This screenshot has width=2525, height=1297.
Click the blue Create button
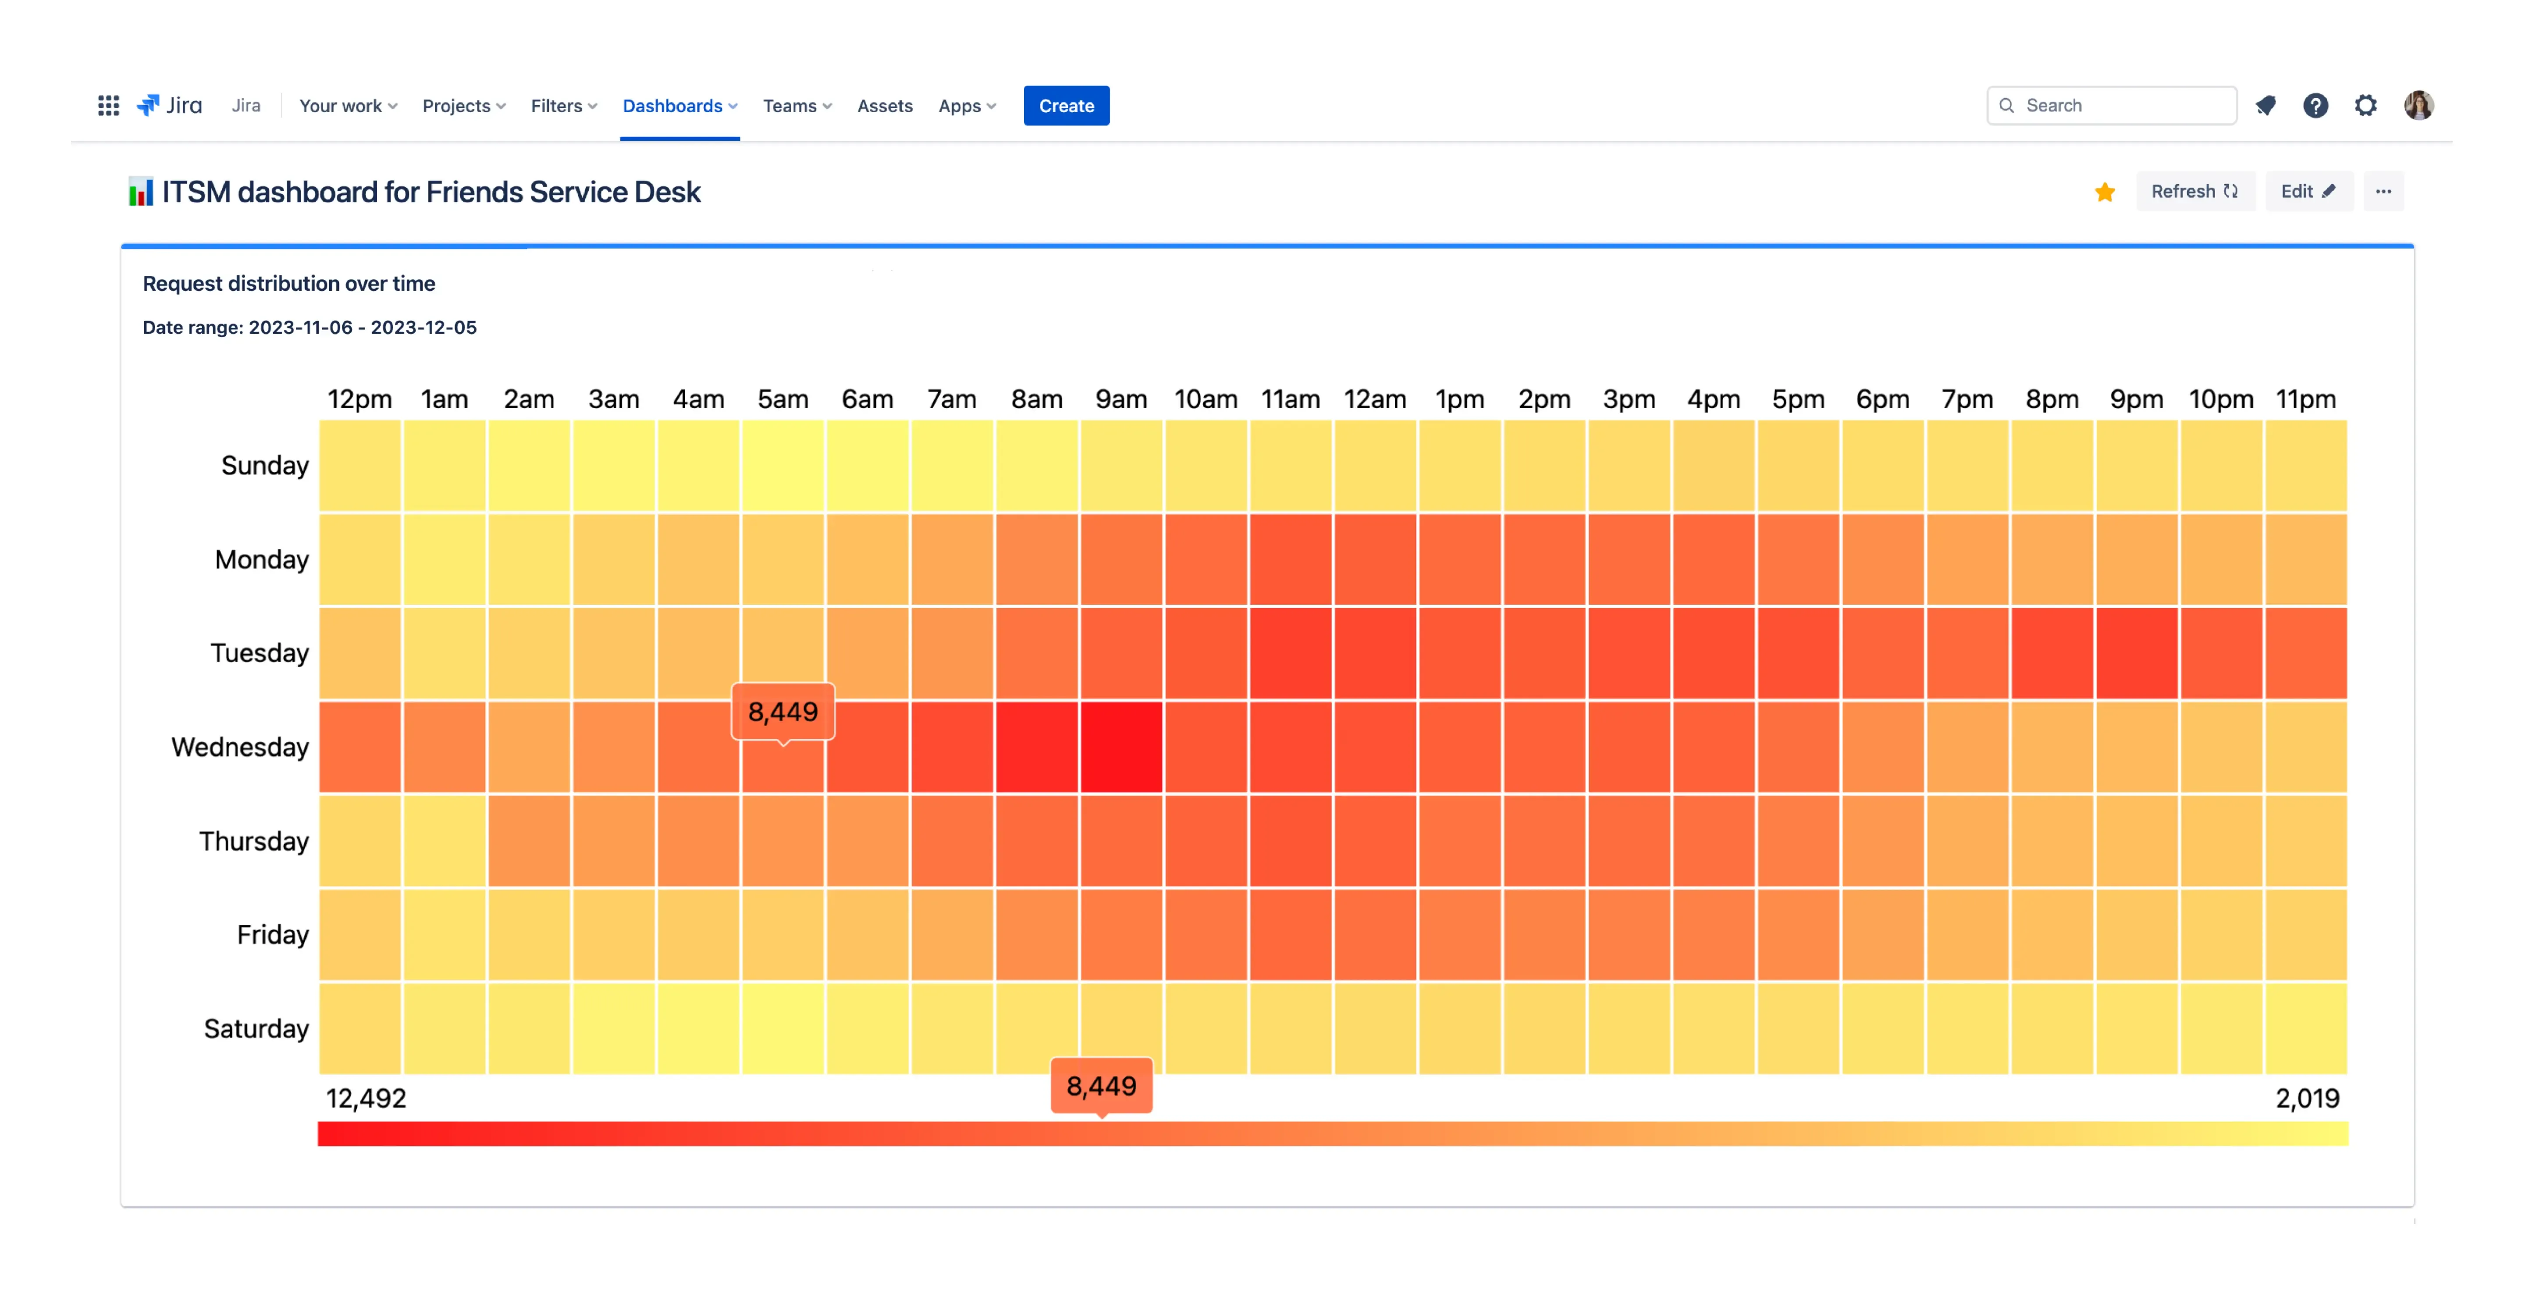pyautogui.click(x=1066, y=106)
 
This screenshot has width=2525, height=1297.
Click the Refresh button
pyautogui.click(x=2194, y=191)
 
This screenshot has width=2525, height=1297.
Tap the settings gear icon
pyautogui.click(x=2365, y=106)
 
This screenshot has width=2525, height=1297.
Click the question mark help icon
pyautogui.click(x=2315, y=106)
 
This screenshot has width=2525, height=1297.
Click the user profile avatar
pyautogui.click(x=2418, y=106)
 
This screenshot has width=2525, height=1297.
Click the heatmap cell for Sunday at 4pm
pyautogui.click(x=1714, y=466)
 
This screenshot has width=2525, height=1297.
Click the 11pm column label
pyautogui.click(x=2305, y=400)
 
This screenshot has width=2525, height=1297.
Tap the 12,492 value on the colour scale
pyautogui.click(x=366, y=1098)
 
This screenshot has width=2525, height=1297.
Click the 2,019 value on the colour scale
pyautogui.click(x=2306, y=1098)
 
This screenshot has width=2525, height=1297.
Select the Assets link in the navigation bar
pyautogui.click(x=884, y=106)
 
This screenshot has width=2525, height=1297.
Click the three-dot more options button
pyautogui.click(x=2383, y=191)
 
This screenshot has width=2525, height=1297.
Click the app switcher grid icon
pyautogui.click(x=109, y=106)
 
